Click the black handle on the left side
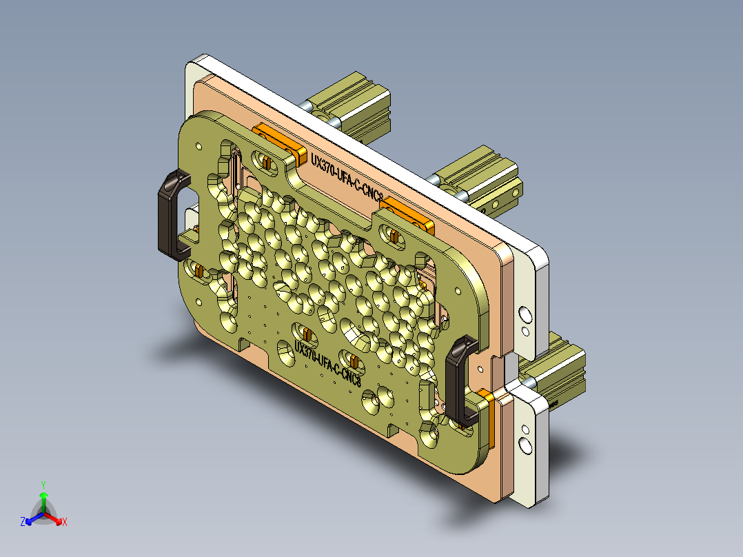tap(171, 215)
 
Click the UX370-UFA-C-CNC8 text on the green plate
tap(328, 362)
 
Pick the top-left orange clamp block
tap(279, 141)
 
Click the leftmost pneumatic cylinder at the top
tap(352, 107)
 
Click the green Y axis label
tap(43, 485)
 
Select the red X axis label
tap(65, 523)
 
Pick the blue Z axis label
tap(23, 523)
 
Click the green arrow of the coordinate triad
tap(43, 499)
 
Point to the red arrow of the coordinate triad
tap(54, 518)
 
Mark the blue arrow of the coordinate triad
tap(32, 518)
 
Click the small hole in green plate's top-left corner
tap(199, 145)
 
